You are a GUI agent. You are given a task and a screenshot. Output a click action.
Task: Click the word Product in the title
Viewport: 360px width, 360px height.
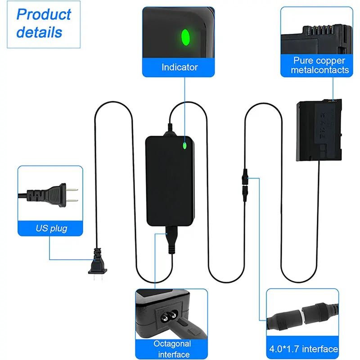click(44, 14)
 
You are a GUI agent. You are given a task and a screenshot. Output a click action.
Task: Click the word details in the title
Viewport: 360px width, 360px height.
click(39, 32)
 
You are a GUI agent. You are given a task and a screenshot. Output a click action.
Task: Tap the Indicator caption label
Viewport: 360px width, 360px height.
click(180, 67)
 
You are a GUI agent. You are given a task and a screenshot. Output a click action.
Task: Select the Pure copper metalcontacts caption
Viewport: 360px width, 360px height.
click(319, 65)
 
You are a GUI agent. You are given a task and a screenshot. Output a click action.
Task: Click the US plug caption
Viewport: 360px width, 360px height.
click(51, 228)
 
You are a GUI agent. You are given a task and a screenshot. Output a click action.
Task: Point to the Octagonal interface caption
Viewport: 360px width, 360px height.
click(172, 349)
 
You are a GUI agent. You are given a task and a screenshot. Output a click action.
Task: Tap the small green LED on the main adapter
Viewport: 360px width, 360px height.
click(184, 145)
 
